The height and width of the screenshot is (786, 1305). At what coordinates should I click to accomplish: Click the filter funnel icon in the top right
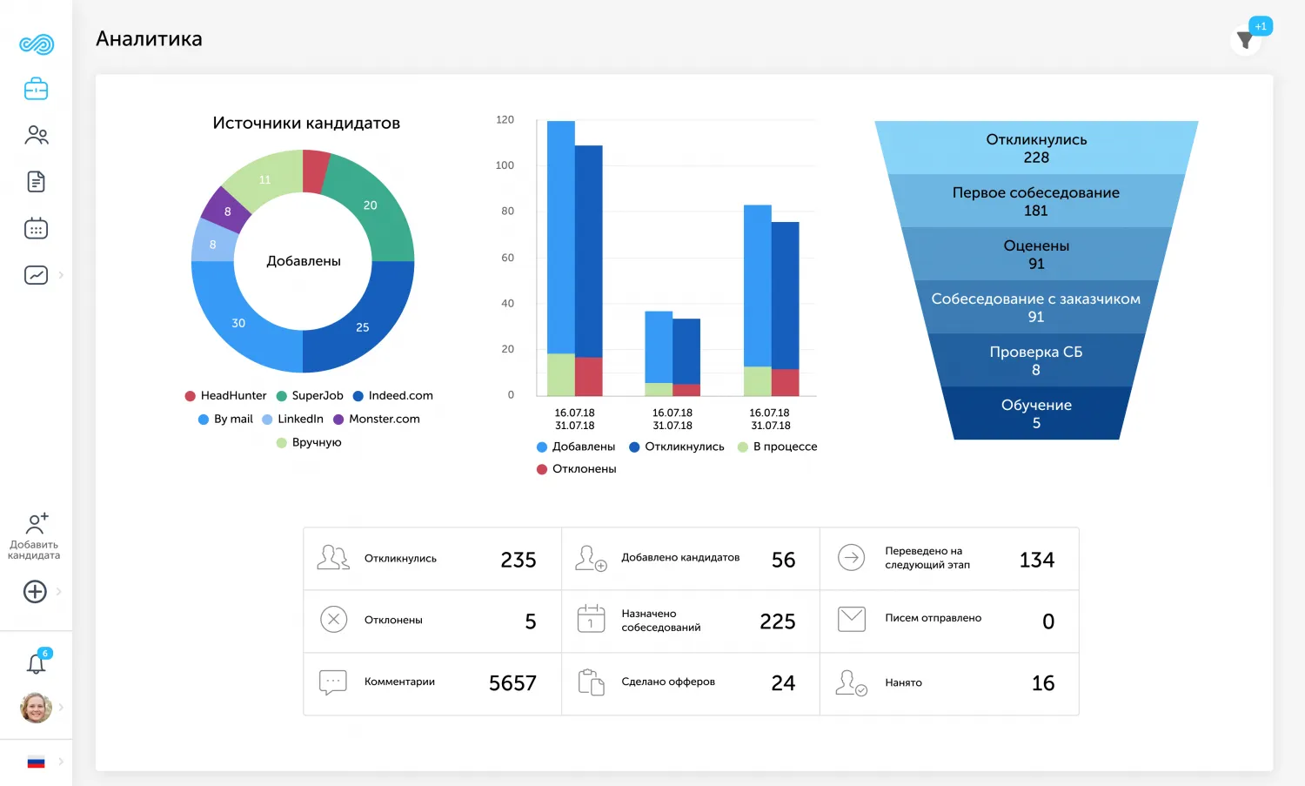tap(1245, 41)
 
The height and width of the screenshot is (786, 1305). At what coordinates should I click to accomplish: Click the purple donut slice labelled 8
tap(227, 212)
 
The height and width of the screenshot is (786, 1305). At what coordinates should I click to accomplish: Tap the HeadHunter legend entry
tap(225, 396)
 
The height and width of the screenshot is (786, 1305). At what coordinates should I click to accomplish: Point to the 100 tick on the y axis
tap(505, 165)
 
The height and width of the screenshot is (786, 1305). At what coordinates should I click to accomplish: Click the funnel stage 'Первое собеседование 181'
tap(1035, 201)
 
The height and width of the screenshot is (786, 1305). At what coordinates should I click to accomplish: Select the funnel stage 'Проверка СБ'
tap(1035, 360)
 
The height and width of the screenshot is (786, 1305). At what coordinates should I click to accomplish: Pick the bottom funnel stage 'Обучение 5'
tap(1035, 413)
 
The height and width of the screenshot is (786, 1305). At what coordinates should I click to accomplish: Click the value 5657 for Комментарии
tap(512, 683)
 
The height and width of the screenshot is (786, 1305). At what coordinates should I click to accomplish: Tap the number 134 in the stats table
tap(1036, 560)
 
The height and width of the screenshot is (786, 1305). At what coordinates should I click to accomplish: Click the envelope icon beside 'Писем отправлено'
tap(851, 619)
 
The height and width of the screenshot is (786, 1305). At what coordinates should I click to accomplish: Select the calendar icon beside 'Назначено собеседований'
tap(591, 619)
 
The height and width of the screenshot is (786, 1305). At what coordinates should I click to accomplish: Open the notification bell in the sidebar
tap(36, 664)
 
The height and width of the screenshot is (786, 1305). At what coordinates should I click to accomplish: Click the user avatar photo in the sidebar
tap(36, 708)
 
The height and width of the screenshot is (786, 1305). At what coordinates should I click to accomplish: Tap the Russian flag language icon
tap(36, 762)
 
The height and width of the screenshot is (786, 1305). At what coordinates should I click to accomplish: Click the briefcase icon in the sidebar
tap(36, 89)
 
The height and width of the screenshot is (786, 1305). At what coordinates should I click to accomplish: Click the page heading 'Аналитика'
tap(149, 39)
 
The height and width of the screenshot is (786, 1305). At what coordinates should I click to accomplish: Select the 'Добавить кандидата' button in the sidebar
tap(35, 536)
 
